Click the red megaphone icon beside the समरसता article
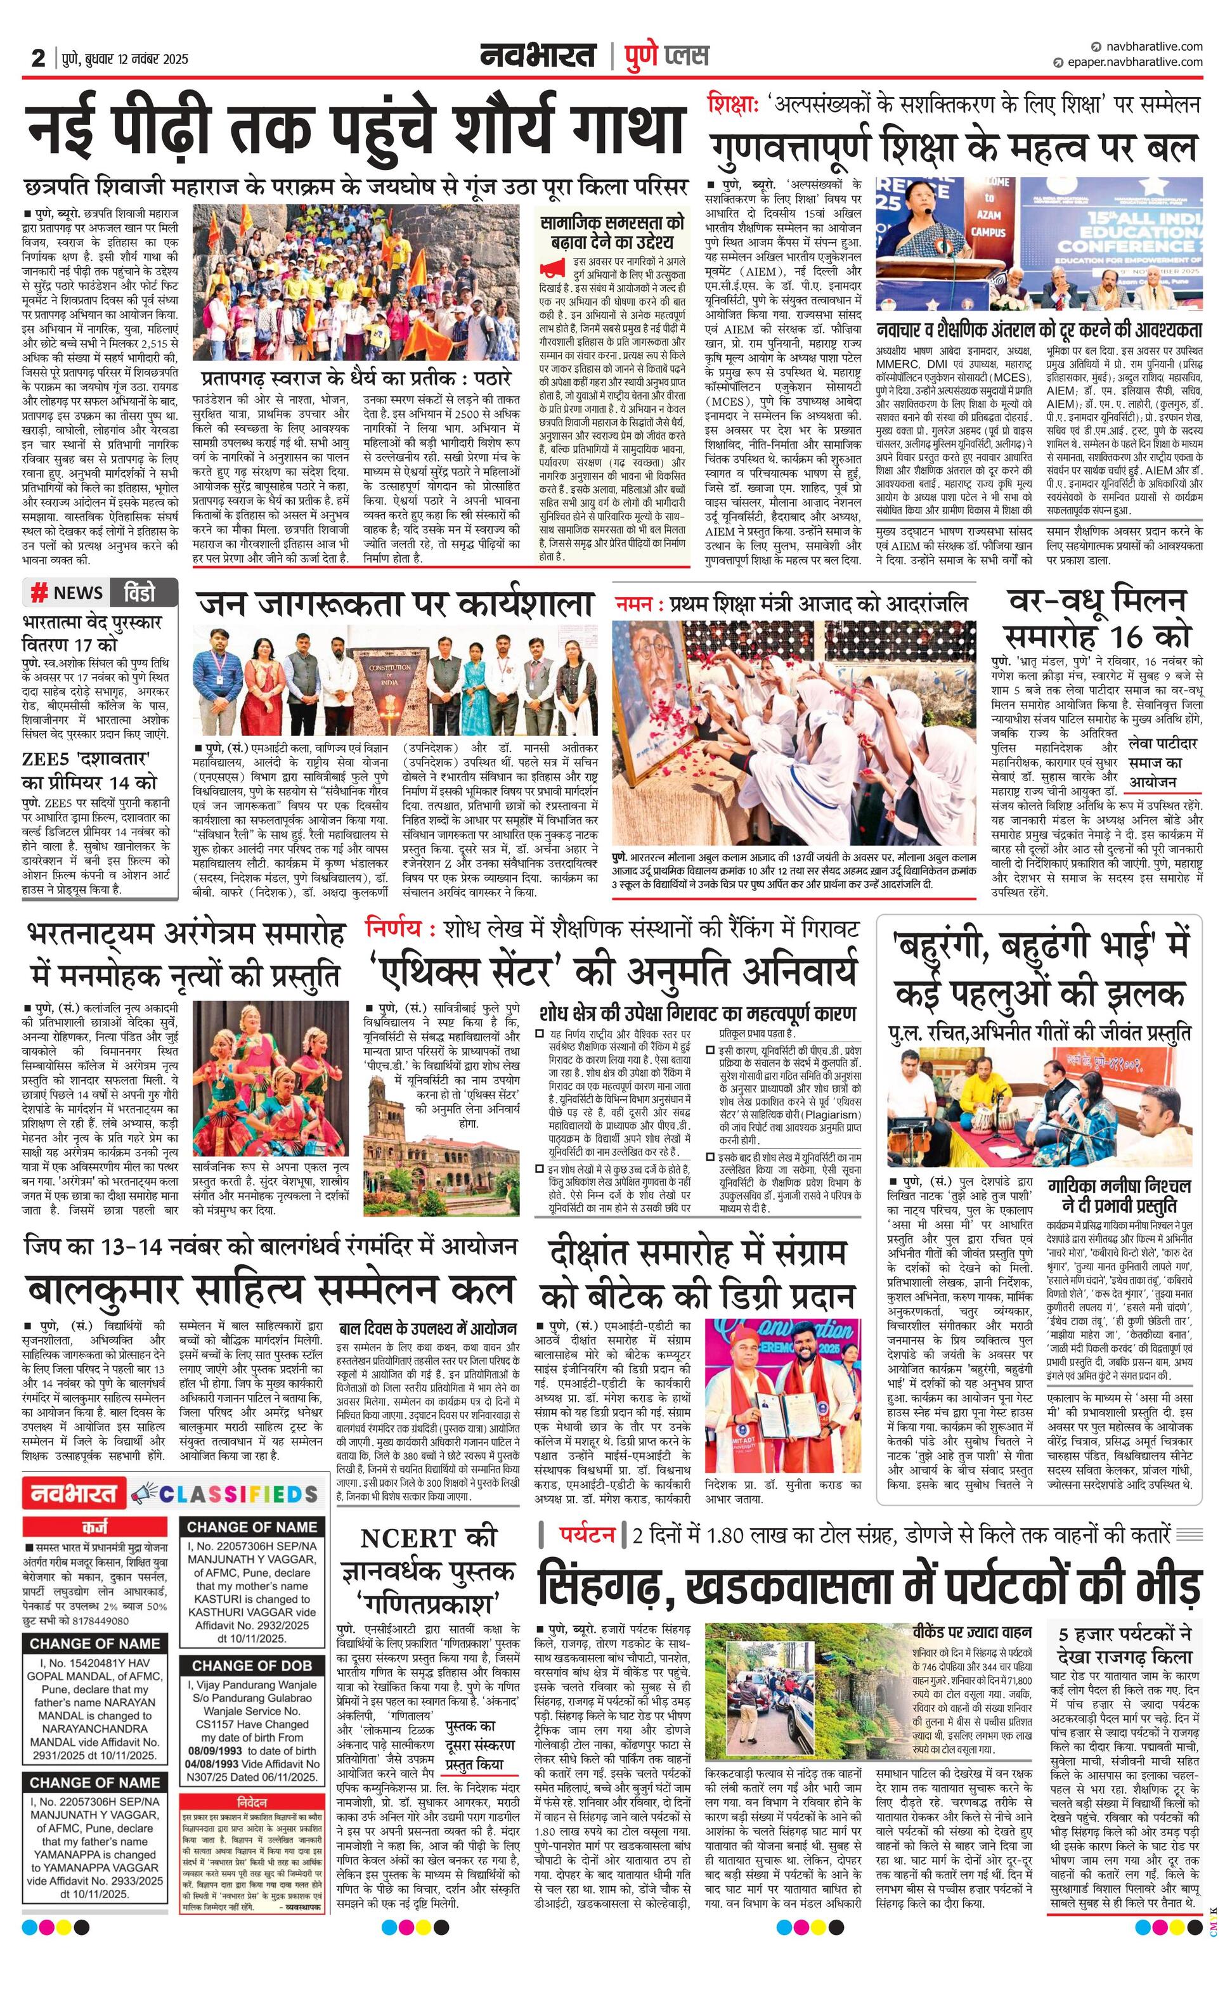552,266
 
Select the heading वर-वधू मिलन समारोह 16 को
1097,618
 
